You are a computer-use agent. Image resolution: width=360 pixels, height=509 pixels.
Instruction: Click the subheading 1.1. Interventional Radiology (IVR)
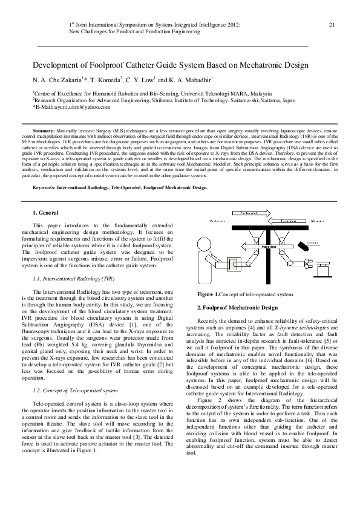click(x=74, y=279)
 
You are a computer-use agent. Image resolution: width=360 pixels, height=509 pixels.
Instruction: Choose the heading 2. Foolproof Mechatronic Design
click(x=238, y=308)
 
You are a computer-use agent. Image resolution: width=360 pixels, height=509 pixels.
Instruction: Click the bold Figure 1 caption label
click(x=209, y=294)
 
